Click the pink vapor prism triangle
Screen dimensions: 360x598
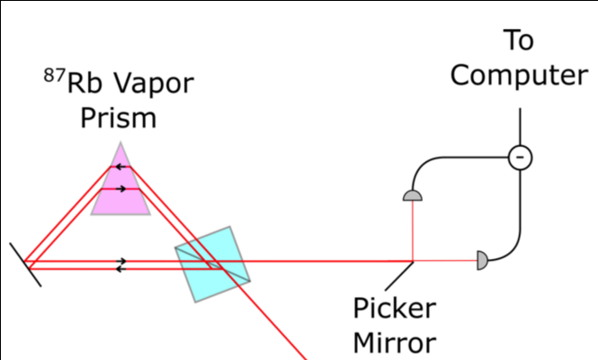120,193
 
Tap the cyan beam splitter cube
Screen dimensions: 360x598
210,263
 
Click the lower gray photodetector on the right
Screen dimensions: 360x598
481,261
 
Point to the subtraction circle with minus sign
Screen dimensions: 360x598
520,157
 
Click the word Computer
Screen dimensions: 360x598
519,75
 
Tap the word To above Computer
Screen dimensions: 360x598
519,40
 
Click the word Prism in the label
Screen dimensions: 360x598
119,119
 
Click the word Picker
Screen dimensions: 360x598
394,310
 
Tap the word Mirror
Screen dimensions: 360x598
394,343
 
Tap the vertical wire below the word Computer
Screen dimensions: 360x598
520,127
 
